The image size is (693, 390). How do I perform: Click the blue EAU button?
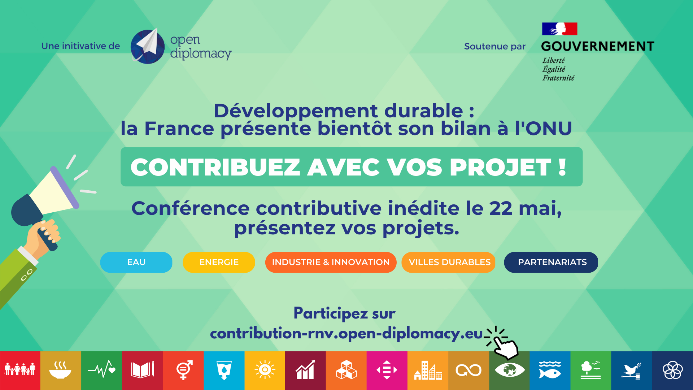136,262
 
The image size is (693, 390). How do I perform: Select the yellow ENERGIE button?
219,262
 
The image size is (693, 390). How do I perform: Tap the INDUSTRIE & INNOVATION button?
331,262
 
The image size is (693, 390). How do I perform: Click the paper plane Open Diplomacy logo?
148,46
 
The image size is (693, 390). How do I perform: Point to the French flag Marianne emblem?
560,29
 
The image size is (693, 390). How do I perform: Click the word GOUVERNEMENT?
598,46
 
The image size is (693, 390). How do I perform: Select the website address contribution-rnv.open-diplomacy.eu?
346,334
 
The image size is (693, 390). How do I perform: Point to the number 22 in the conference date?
501,208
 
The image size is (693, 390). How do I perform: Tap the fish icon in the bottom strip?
550,370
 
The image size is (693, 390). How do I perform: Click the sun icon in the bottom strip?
265,370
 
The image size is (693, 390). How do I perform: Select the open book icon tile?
143,370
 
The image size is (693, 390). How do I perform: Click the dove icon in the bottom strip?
632,370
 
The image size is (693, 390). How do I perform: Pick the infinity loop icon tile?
468,370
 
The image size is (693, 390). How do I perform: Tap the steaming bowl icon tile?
61,370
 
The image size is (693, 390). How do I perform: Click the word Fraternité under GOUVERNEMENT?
558,78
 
